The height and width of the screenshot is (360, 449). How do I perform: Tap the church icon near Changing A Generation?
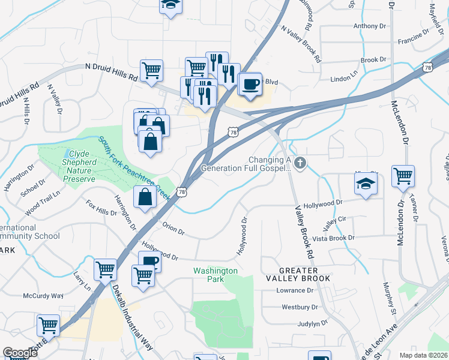[300, 163]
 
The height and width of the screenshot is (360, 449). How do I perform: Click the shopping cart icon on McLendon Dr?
[403, 176]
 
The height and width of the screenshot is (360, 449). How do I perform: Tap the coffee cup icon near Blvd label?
[250, 83]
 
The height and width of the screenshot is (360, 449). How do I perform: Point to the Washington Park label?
[215, 275]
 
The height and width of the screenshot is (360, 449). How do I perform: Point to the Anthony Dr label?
[370, 26]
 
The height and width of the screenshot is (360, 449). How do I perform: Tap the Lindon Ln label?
[344, 80]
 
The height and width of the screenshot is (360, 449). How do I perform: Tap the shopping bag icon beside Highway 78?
[145, 197]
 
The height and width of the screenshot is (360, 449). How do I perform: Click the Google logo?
[20, 353]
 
